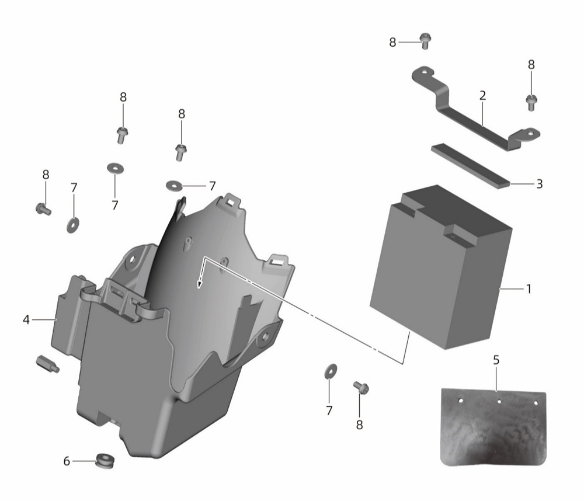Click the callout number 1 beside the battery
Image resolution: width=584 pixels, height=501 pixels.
click(529, 288)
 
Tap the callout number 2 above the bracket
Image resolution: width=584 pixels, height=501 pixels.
click(483, 96)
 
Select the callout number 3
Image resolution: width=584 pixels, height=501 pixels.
click(539, 183)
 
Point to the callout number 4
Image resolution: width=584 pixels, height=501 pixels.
click(26, 319)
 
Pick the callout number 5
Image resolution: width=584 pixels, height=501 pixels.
click(496, 360)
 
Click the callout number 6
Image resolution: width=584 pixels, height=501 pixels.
click(67, 461)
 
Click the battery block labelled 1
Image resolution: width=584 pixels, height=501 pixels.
click(441, 267)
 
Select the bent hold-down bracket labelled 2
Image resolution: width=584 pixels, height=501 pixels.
click(475, 109)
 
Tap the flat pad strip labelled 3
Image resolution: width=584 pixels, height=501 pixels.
click(471, 166)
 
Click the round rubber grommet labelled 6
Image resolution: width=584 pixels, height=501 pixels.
click(105, 461)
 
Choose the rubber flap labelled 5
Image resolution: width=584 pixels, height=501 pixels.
click(493, 427)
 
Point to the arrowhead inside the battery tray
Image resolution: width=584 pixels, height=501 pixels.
click(200, 284)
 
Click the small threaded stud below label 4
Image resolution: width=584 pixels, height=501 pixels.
click(47, 364)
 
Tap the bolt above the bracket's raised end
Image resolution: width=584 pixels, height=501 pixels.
click(425, 41)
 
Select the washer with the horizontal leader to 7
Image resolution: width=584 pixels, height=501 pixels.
click(173, 185)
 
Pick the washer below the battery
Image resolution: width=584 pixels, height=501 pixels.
click(331, 371)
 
